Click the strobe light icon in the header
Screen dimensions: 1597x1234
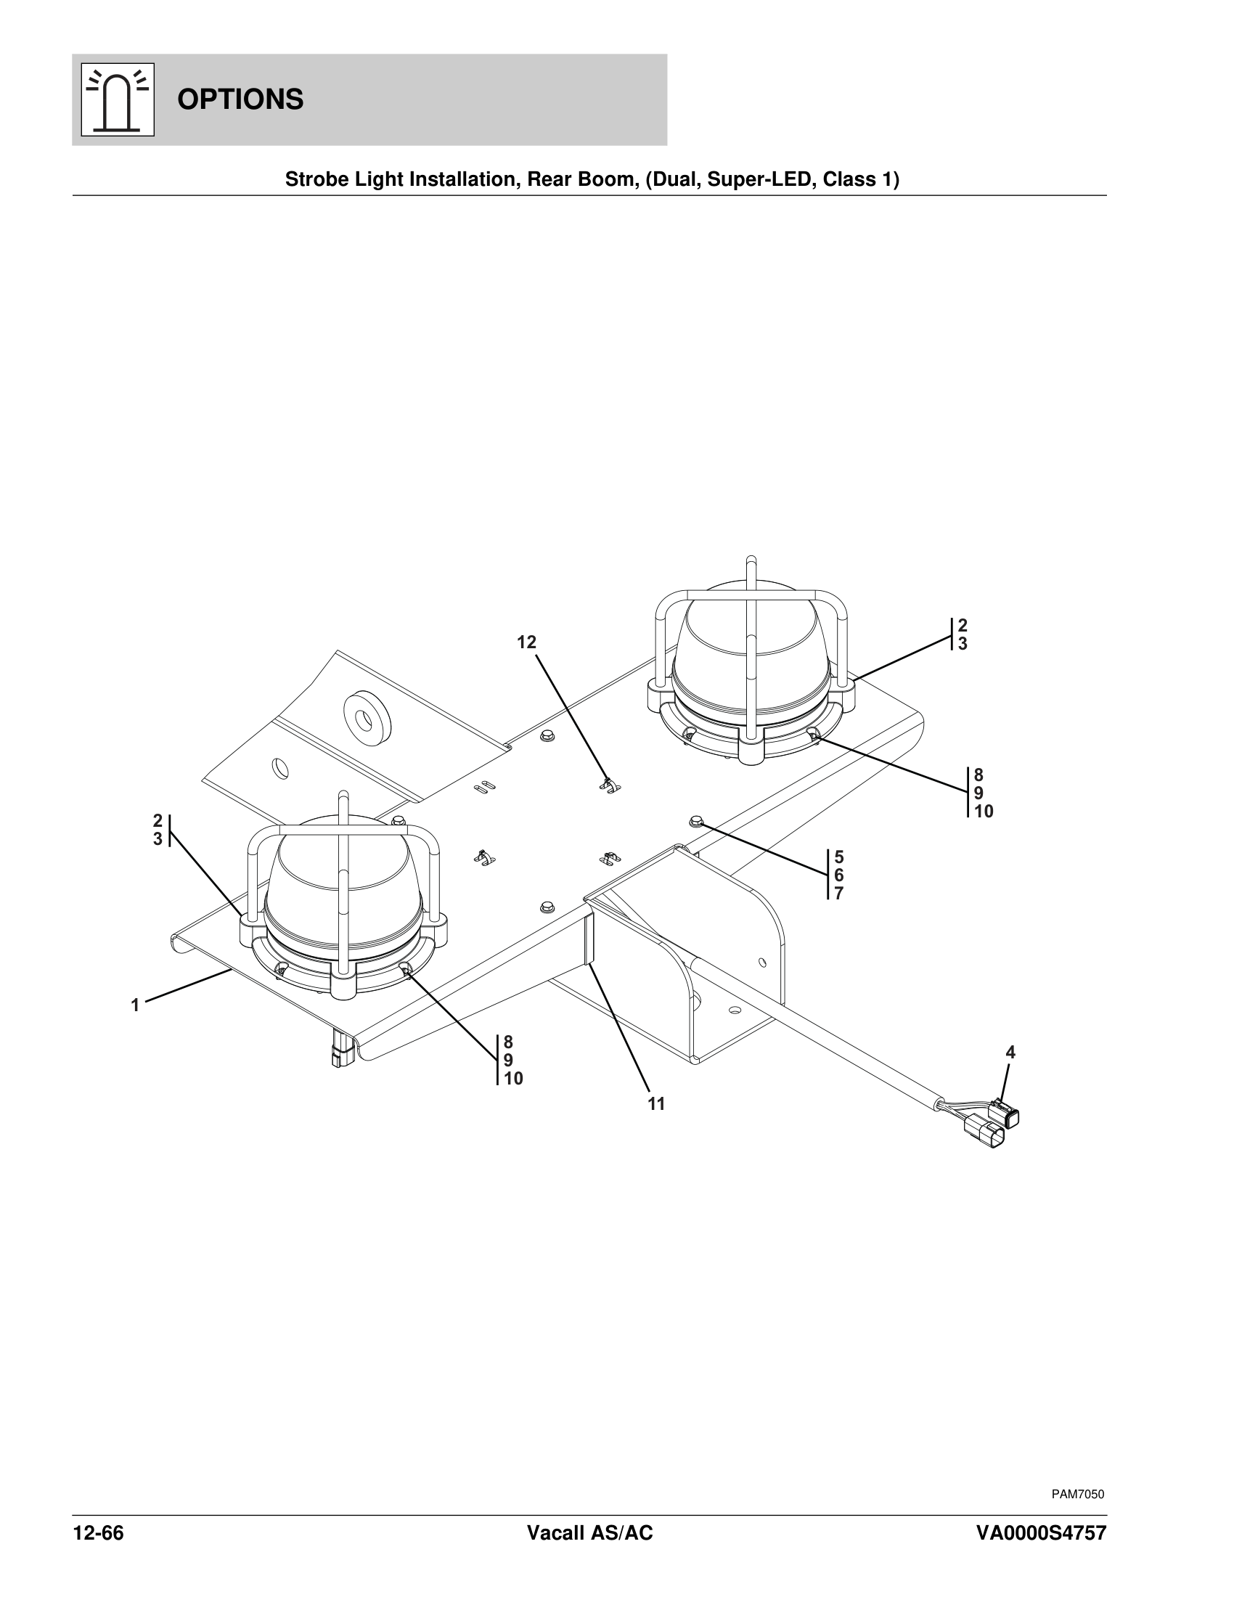click(x=117, y=99)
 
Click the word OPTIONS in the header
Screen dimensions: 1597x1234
click(x=240, y=99)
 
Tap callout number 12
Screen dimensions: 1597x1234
click(x=526, y=642)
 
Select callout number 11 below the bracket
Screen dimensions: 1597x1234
click(x=656, y=1104)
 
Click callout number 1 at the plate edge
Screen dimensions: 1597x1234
click(x=135, y=1005)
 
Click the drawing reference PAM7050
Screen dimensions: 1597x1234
click(x=1077, y=1494)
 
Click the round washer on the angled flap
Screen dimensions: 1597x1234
click(x=367, y=711)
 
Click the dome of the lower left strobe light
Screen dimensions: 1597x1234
click(x=343, y=878)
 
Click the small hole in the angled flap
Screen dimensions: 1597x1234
click(x=280, y=768)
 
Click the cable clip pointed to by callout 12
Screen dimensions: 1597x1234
click(x=609, y=786)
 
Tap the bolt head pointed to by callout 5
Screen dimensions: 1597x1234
click(x=696, y=822)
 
